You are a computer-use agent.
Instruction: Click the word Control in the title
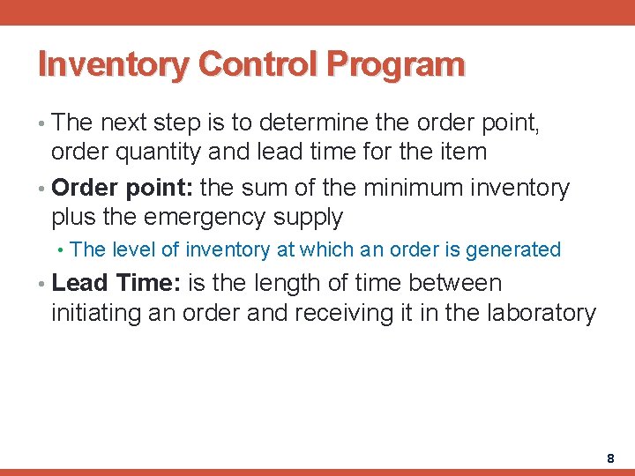pos(258,64)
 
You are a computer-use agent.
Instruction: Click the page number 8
pos(610,458)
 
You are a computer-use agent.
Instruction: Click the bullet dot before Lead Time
pos(43,285)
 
